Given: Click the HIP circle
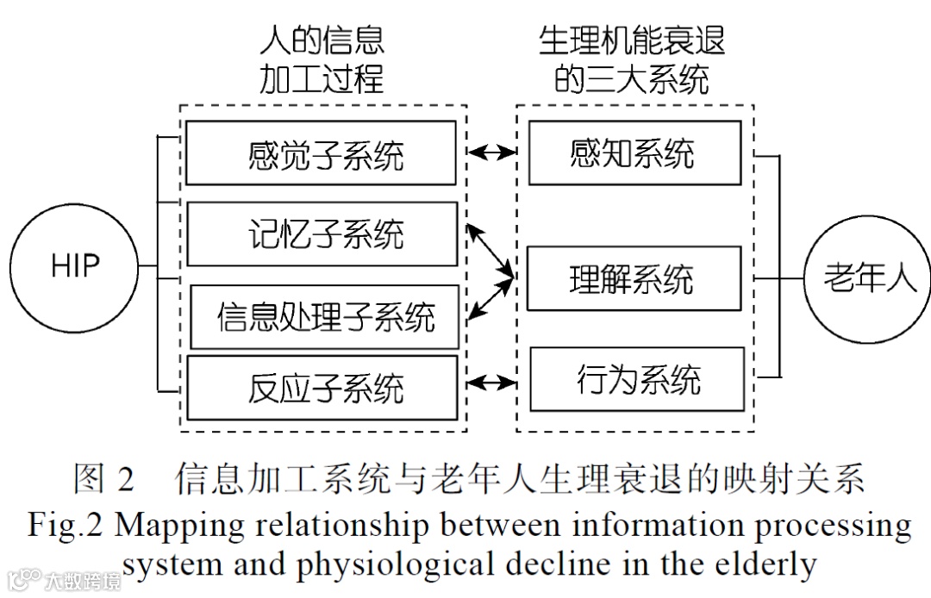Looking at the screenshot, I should (x=75, y=266).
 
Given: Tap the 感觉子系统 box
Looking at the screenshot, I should (x=322, y=153).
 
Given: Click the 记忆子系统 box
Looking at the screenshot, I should (x=322, y=234).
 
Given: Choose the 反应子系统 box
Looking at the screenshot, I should (x=322, y=388).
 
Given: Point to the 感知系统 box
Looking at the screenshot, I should (x=634, y=153).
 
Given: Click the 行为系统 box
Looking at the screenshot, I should (x=637, y=379).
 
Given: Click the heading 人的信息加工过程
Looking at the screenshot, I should (x=322, y=59).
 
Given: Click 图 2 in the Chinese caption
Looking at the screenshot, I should (x=103, y=479).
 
